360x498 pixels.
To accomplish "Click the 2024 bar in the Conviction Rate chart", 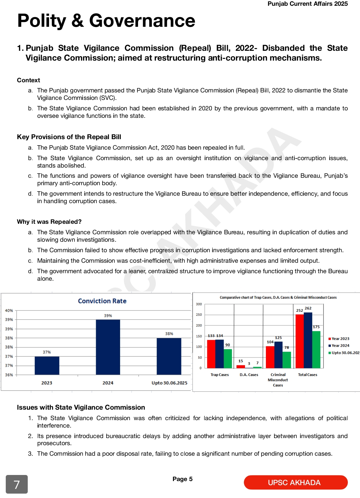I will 108,347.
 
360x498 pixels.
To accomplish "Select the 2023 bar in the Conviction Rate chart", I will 47,365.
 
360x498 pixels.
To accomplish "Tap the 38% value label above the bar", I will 169,334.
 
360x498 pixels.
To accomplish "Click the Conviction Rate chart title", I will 102,301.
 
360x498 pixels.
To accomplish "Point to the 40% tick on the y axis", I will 9,310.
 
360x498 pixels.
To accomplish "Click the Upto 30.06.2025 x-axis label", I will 169,383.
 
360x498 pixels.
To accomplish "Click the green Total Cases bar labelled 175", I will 316,349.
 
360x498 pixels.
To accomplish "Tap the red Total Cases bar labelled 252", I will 299,341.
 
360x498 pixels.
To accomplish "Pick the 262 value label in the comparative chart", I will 308,308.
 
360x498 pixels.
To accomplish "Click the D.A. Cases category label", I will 249,375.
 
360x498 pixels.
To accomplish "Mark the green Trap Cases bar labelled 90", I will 228,359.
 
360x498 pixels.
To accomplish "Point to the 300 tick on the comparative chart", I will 199,304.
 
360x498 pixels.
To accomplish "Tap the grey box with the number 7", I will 17,484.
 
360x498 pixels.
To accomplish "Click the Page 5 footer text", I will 182,479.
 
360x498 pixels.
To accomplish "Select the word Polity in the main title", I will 42,21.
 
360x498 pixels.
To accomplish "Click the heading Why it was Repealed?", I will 49,222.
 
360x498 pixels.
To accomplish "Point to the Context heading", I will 28,80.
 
